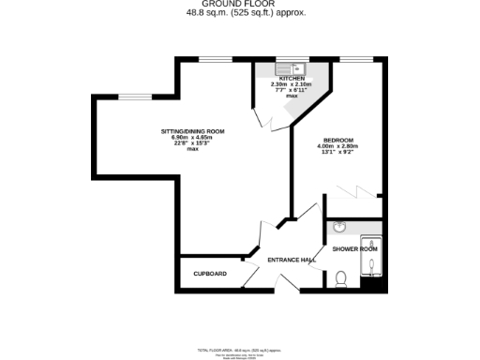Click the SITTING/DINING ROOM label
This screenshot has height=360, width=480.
(192, 131)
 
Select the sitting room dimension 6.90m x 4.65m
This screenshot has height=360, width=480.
(192, 138)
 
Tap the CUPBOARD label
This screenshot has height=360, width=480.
(210, 274)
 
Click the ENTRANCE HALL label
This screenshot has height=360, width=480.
(291, 259)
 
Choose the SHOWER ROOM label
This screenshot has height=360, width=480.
(355, 248)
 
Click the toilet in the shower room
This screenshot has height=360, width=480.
(342, 278)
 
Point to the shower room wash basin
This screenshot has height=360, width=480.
(340, 228)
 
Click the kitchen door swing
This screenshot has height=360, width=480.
(263, 119)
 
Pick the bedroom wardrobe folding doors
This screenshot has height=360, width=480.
(353, 192)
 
